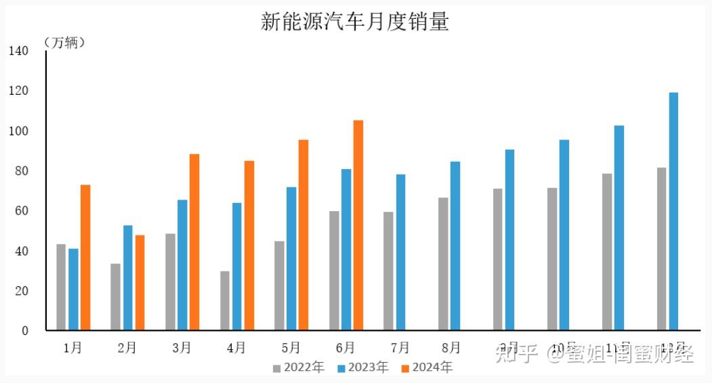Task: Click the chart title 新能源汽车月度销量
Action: pyautogui.click(x=355, y=22)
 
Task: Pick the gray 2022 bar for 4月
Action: pyautogui.click(x=225, y=300)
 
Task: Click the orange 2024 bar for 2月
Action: pyautogui.click(x=140, y=282)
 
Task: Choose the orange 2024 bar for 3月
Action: pyautogui.click(x=194, y=242)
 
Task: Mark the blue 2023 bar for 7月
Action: pyautogui.click(x=400, y=252)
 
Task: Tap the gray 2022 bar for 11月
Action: pyautogui.click(x=607, y=252)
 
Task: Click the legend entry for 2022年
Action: pyautogui.click(x=299, y=367)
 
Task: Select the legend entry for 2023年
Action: pyautogui.click(x=363, y=367)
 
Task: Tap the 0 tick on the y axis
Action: pyautogui.click(x=24, y=331)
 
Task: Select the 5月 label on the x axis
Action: pyautogui.click(x=290, y=348)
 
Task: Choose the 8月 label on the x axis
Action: pyautogui.click(x=452, y=348)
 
